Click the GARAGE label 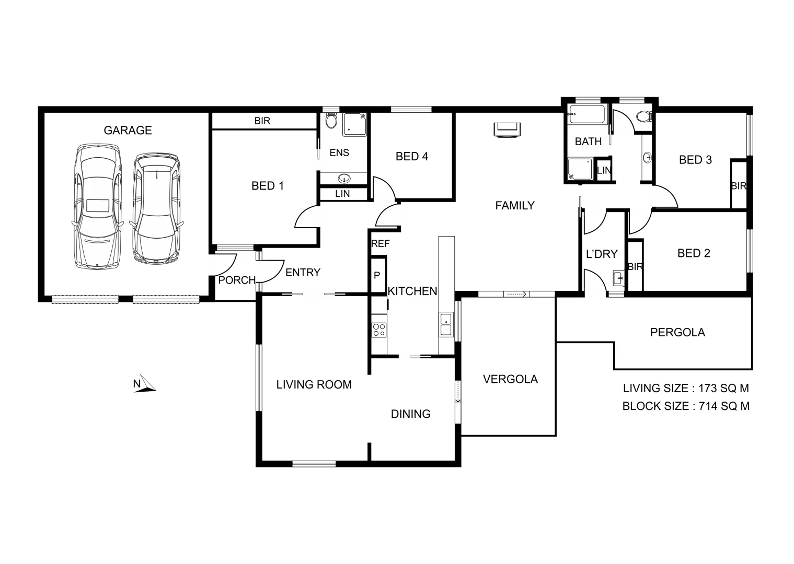pyautogui.click(x=128, y=130)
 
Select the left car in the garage pyautogui.click(x=98, y=206)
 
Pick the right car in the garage pyautogui.click(x=156, y=207)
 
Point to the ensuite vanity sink pyautogui.click(x=344, y=179)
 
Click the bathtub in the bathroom pyautogui.click(x=586, y=114)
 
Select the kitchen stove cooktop pyautogui.click(x=378, y=330)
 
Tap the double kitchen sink pyautogui.click(x=446, y=324)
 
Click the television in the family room pyautogui.click(x=507, y=129)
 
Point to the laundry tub pyautogui.click(x=618, y=278)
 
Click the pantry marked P pyautogui.click(x=377, y=275)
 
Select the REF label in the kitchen pyautogui.click(x=380, y=243)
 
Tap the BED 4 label pyautogui.click(x=411, y=156)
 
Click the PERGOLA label pyautogui.click(x=677, y=332)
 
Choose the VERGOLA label pyautogui.click(x=510, y=379)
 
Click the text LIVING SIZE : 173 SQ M pyautogui.click(x=685, y=388)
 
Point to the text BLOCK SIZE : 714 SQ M pyautogui.click(x=685, y=406)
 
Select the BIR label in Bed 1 pyautogui.click(x=262, y=121)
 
